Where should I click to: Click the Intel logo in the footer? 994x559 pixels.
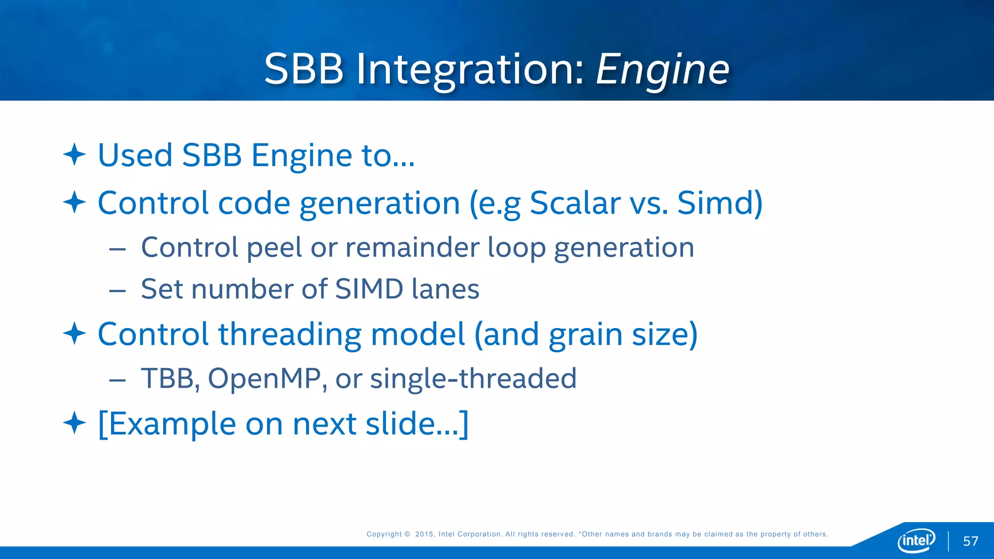[916, 540]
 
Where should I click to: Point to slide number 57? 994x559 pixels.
[970, 541]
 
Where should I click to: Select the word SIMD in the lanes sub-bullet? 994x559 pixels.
[369, 289]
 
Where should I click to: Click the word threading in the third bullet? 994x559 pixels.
[290, 334]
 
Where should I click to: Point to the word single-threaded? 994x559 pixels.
[473, 378]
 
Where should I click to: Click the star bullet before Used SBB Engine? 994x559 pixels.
[74, 154]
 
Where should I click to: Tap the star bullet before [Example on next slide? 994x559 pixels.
[74, 423]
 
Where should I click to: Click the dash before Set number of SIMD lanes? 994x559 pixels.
[117, 291]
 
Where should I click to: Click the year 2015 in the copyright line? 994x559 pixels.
[424, 534]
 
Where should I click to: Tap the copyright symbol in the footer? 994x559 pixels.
[407, 534]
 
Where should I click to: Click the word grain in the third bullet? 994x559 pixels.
[585, 334]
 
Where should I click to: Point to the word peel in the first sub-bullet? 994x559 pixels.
[274, 247]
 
